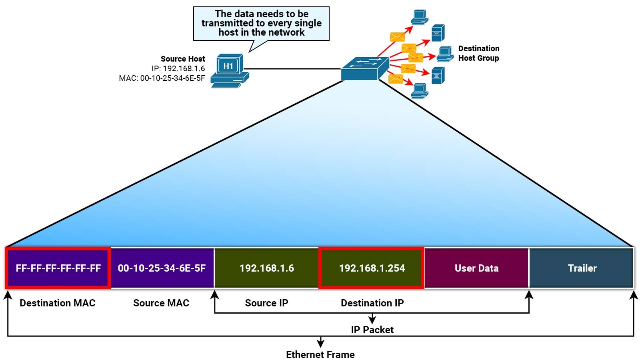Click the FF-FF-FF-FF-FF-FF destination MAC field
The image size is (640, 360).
[x=58, y=268]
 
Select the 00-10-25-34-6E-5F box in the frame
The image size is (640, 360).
[x=162, y=268]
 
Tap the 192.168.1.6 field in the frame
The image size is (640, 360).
[x=266, y=268]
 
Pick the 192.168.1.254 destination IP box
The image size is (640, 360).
[x=372, y=268]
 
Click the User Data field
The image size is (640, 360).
[x=476, y=268]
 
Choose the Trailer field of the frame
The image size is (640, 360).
[x=582, y=268]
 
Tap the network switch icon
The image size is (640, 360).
[x=364, y=68]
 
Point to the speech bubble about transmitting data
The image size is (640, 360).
[x=261, y=23]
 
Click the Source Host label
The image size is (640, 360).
[x=183, y=59]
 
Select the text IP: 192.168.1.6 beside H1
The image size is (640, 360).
[x=178, y=68]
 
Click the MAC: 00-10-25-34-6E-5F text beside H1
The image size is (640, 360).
[x=162, y=78]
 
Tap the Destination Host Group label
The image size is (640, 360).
[x=478, y=53]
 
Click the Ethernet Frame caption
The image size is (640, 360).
[x=320, y=354]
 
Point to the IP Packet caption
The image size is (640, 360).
[x=372, y=330]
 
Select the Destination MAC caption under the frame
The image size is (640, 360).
[x=58, y=303]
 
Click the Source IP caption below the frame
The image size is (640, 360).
[x=266, y=303]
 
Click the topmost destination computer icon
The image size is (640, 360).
[x=420, y=17]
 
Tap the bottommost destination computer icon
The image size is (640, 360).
[x=420, y=90]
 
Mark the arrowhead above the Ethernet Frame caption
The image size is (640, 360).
[x=320, y=343]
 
